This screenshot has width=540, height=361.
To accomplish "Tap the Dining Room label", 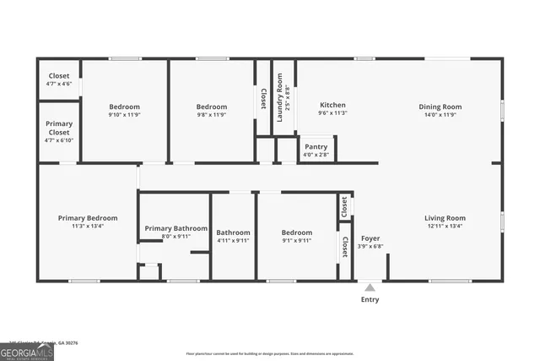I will click(440, 107).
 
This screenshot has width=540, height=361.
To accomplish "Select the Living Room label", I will click(445, 218).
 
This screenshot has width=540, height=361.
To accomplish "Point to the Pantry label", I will click(316, 146).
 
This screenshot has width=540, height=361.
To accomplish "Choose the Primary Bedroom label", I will click(88, 218).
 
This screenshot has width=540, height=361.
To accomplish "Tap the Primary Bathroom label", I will click(175, 228).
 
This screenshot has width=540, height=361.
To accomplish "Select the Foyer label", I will click(370, 238).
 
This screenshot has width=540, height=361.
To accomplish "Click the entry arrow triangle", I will click(370, 288).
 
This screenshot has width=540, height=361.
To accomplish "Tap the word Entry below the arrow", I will click(370, 299).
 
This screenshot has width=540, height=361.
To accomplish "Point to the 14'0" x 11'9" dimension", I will click(440, 114).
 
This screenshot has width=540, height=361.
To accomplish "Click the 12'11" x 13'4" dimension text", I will click(445, 226).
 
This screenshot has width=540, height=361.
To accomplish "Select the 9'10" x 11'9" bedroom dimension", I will click(123, 114).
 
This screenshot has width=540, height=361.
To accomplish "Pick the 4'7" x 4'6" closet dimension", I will click(58, 84).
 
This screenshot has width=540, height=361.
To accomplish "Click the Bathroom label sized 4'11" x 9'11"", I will click(233, 232).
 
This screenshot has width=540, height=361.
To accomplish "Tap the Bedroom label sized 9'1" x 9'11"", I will click(297, 232).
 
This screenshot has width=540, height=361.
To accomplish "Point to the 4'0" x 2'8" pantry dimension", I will click(316, 154).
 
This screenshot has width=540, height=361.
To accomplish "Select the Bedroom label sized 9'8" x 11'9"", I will click(212, 107).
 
